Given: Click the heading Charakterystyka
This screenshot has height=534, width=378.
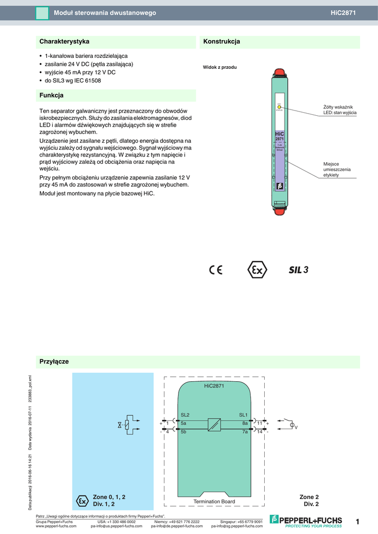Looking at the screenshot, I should pyautogui.click(x=65, y=41).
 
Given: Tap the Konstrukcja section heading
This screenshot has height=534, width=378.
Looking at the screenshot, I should pyautogui.click(x=221, y=41).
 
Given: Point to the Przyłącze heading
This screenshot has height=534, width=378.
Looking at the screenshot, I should pyautogui.click(x=54, y=361).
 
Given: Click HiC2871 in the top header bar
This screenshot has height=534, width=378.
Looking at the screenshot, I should pyautogui.click(x=343, y=13).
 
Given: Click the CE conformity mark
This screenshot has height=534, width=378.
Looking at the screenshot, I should pyautogui.click(x=216, y=270).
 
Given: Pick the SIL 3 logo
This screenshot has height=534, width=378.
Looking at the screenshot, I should pyautogui.click(x=299, y=270).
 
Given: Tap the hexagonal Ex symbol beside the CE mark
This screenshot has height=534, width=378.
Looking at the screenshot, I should pyautogui.click(x=256, y=270).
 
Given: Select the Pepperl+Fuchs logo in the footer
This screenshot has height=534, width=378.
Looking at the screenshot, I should pyautogui.click(x=305, y=520).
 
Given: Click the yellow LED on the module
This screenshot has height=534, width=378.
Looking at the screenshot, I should pyautogui.click(x=279, y=107).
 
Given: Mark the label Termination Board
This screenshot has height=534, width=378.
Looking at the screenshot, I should pyautogui.click(x=214, y=501).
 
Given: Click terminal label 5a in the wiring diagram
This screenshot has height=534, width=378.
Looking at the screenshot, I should pyautogui.click(x=184, y=423).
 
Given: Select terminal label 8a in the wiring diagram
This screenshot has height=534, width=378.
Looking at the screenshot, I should pyautogui.click(x=244, y=423).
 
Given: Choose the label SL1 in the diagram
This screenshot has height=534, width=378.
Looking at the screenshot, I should pyautogui.click(x=244, y=415).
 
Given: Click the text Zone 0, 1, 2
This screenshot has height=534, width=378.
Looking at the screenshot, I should pyautogui.click(x=109, y=497).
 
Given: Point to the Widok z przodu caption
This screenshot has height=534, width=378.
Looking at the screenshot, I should pyautogui.click(x=220, y=67).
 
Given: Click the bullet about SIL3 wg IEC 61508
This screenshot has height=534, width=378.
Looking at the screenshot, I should pyautogui.click(x=73, y=81).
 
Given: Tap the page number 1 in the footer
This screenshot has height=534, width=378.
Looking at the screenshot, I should pyautogui.click(x=358, y=521).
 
